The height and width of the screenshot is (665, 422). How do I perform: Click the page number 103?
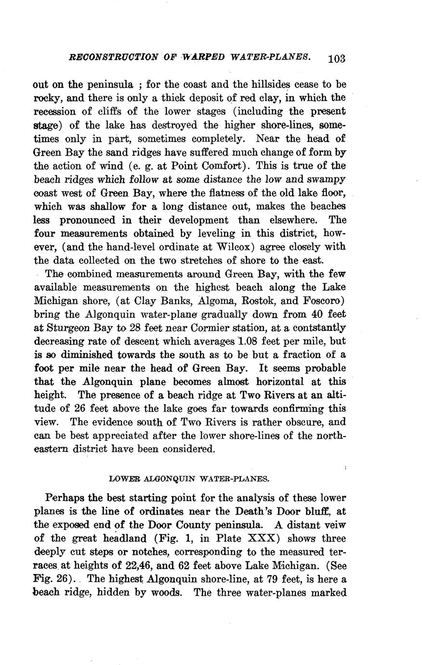coord(336,58)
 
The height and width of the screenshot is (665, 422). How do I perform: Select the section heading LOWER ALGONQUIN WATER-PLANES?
coord(189,479)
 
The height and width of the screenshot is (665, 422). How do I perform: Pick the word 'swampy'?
coord(326,179)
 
